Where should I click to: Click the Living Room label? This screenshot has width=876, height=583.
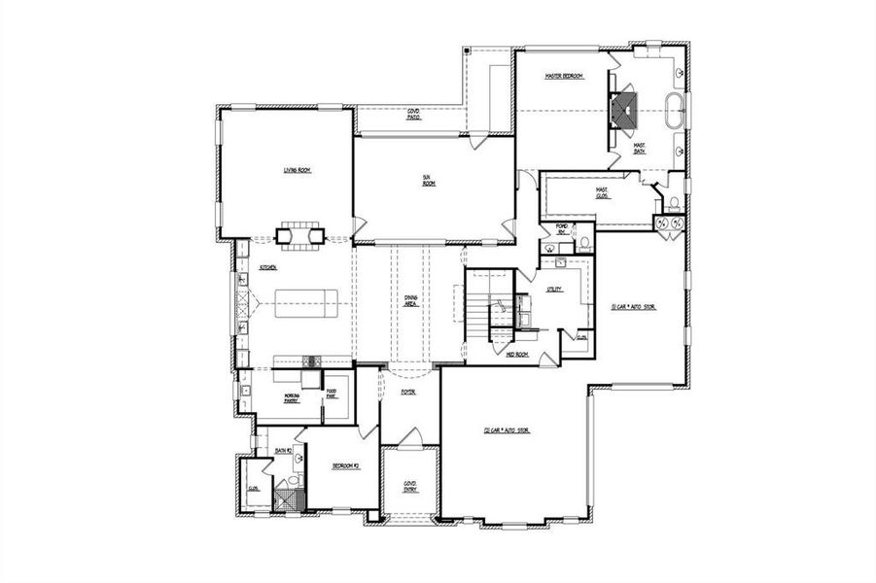click(x=297, y=170)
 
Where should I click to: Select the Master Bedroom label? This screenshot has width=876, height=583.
click(x=564, y=75)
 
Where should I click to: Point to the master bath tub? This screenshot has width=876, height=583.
click(x=676, y=110)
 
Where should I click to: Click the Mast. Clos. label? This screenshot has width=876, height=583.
click(x=603, y=192)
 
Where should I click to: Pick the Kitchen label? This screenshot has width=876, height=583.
click(x=268, y=267)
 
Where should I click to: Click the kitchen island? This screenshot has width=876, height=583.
click(x=304, y=304)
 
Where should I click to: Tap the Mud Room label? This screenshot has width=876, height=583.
click(x=515, y=356)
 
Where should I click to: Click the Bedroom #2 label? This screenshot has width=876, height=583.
click(x=345, y=466)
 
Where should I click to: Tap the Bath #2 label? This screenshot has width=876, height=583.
click(x=283, y=451)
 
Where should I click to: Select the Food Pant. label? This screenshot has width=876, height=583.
click(x=331, y=394)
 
